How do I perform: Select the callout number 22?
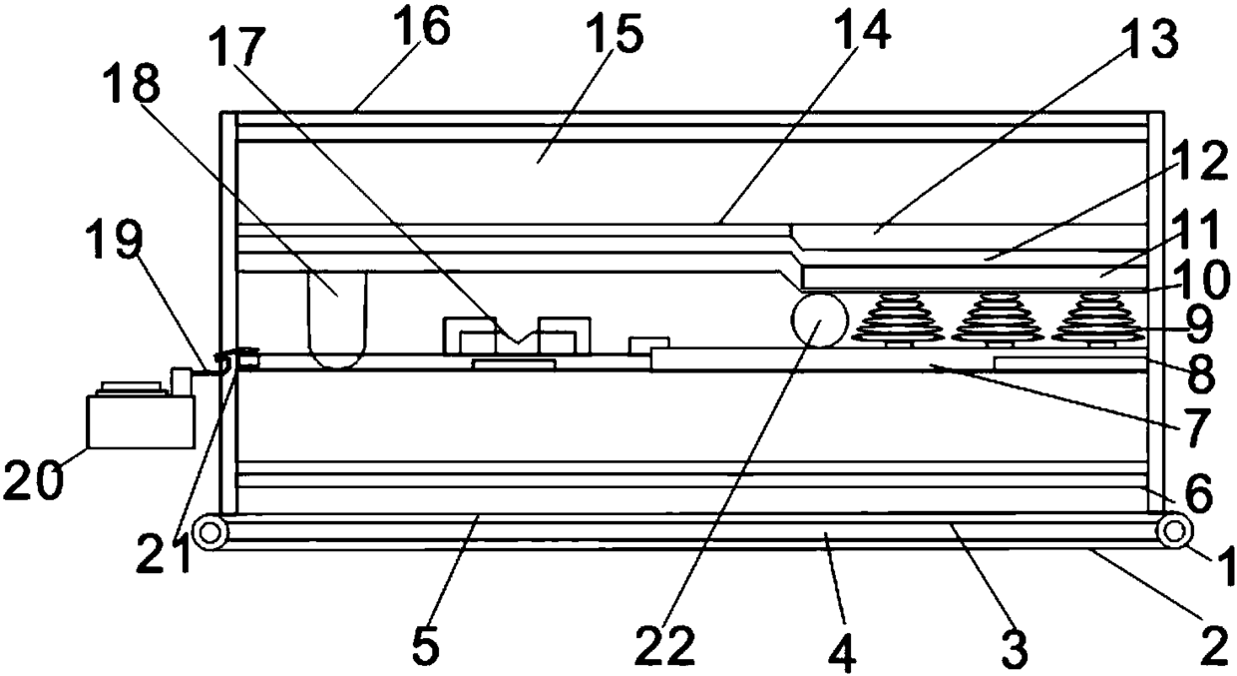[665, 646]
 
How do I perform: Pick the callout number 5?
[425, 646]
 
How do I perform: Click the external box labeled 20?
[140, 420]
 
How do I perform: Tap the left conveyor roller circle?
[208, 532]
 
